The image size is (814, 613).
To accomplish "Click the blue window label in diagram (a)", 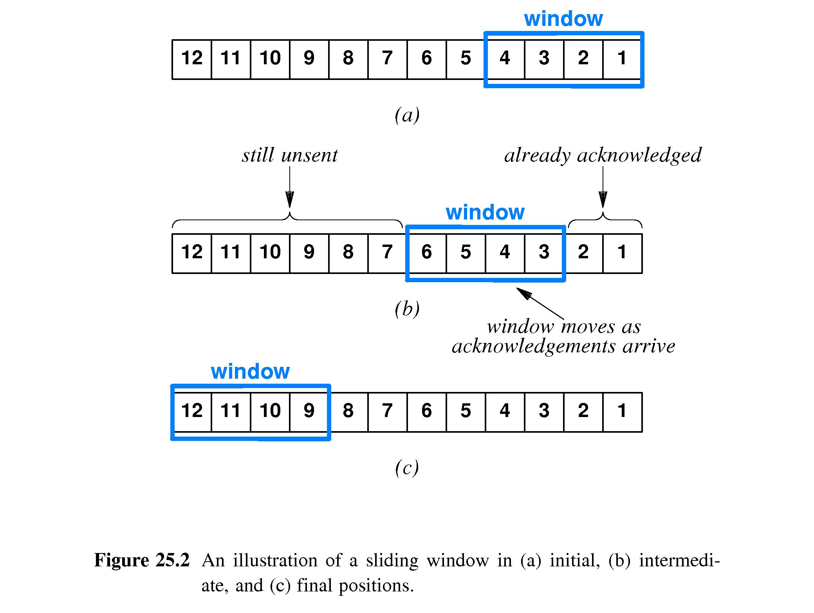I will click(x=563, y=19).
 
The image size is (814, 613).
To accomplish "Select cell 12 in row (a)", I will click(x=192, y=59).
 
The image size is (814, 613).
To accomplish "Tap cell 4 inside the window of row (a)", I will click(x=505, y=59).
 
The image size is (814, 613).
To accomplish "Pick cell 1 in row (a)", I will click(x=622, y=59).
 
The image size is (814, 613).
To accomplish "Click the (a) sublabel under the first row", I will click(x=407, y=115).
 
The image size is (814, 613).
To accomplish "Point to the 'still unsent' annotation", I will click(x=290, y=156).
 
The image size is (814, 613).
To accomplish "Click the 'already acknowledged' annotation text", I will click(x=603, y=156).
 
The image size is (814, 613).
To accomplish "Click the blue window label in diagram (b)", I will click(x=485, y=213).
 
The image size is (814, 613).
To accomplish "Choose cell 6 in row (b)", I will click(x=426, y=253).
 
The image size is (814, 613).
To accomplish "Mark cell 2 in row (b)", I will click(x=583, y=253).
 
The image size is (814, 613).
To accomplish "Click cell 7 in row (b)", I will click(x=387, y=253).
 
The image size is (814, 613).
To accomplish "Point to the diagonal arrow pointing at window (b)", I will click(x=541, y=303).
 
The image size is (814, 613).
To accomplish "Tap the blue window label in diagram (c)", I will click(x=250, y=372).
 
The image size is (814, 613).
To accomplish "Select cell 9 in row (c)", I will click(x=309, y=412).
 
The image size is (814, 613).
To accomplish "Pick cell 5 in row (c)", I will click(x=466, y=412).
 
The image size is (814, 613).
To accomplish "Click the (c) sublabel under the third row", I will click(x=407, y=468).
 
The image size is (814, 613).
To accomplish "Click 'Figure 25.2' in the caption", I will click(x=142, y=560).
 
